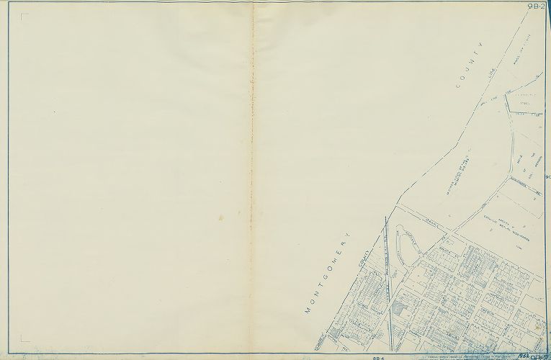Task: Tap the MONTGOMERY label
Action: pos(333,274)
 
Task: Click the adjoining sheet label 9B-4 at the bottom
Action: pos(380,356)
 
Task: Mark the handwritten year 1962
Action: pos(524,354)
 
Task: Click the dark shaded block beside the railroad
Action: pos(398,309)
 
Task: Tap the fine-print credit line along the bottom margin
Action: pos(461,356)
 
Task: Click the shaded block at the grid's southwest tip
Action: pos(333,335)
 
